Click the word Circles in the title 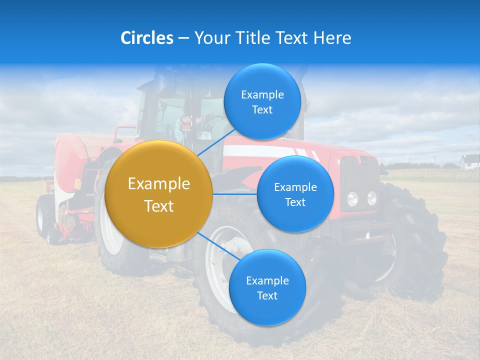(147, 38)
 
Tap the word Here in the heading (332, 38)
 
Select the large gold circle (159, 194)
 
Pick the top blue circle (262, 101)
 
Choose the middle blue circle (295, 194)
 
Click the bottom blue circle (267, 287)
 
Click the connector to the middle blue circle (235, 194)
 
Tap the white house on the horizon (469, 161)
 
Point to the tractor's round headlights (362, 198)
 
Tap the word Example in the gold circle (159, 184)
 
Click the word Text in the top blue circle (262, 110)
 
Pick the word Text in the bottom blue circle (267, 295)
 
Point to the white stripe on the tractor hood (260, 150)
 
